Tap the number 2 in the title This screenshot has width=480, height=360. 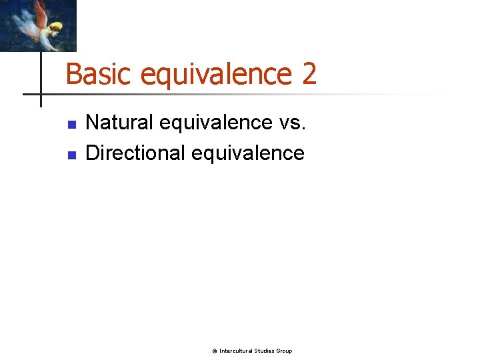click(309, 74)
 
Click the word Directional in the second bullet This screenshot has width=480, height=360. click(136, 153)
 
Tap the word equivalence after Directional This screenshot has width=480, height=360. click(248, 153)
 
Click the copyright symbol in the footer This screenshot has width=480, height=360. click(215, 351)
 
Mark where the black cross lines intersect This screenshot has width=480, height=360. click(41, 94)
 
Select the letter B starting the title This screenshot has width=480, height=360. click(72, 74)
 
